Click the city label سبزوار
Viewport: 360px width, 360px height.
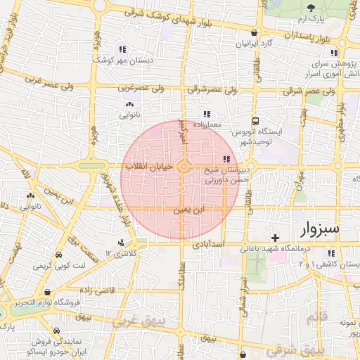[319, 229]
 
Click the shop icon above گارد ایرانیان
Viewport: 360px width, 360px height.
[254, 32]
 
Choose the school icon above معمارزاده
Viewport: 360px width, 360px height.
[206, 113]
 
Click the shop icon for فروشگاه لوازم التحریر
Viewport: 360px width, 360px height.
[46, 292]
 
